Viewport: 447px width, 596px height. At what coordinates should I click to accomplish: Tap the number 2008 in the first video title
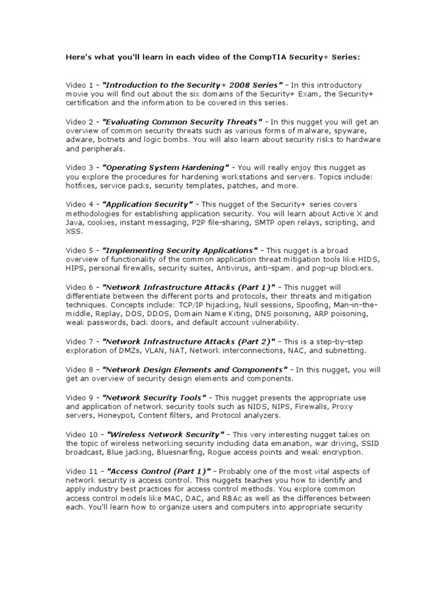(x=215, y=85)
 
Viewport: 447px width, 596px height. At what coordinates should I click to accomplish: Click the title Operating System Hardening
(x=166, y=168)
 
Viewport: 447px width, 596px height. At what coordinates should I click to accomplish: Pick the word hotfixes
(x=80, y=186)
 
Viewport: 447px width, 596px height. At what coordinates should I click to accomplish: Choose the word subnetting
(x=345, y=350)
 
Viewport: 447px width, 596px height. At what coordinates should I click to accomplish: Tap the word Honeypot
(x=112, y=416)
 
